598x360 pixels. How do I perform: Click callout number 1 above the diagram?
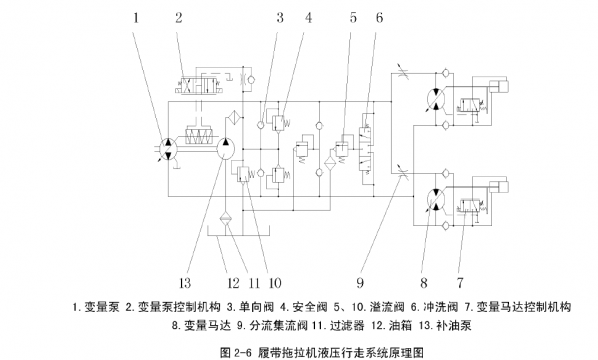[138, 17]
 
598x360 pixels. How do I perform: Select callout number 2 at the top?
[179, 17]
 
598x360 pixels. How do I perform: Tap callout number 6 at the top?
[379, 17]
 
